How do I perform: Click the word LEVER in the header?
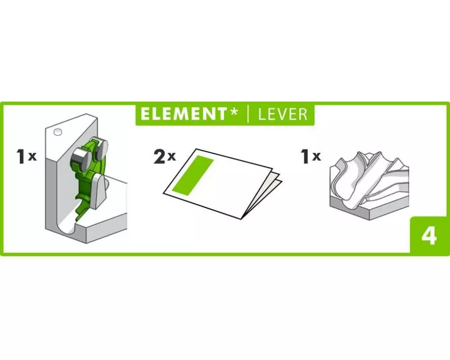coord(283,114)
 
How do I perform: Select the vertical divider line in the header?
coord(248,114)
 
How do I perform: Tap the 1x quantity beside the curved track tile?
coord(311,157)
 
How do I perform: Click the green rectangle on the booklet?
coord(193,175)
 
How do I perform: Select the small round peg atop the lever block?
coord(58,132)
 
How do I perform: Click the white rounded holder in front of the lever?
coord(99,190)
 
